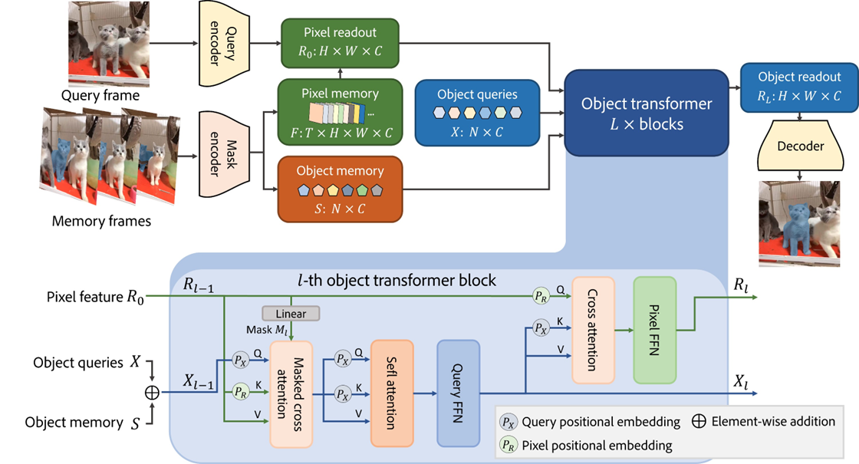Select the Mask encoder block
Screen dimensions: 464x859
(219, 150)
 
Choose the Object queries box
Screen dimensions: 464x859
(477, 112)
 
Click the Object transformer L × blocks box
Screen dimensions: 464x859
(646, 112)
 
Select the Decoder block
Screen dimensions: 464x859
(800, 146)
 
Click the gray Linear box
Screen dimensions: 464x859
(291, 314)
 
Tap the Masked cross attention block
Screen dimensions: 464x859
(291, 393)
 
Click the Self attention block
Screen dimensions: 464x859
(391, 393)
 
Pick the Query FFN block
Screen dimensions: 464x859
(458, 393)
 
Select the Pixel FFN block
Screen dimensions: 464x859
(654, 330)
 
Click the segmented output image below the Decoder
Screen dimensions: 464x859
(799, 222)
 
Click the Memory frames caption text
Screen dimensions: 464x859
(101, 222)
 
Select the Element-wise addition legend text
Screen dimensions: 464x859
(773, 421)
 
